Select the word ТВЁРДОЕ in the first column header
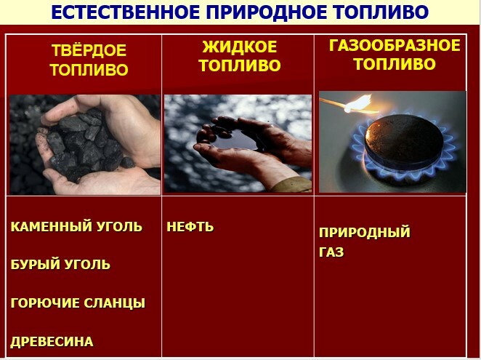tap(89, 50)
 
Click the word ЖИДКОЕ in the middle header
tap(240, 47)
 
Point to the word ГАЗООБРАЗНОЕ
tap(395, 45)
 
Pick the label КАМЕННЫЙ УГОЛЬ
tap(76, 227)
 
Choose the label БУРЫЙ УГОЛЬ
tap(60, 265)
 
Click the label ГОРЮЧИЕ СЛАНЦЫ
tap(78, 303)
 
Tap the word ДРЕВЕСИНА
tap(52, 342)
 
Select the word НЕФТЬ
tap(190, 227)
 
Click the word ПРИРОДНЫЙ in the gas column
tap(365, 232)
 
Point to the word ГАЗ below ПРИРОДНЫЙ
tap(331, 252)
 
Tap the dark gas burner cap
tap(404, 137)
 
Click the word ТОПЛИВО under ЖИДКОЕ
tap(240, 65)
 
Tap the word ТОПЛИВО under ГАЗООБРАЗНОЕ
tap(395, 64)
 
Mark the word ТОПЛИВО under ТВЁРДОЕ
tap(89, 70)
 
